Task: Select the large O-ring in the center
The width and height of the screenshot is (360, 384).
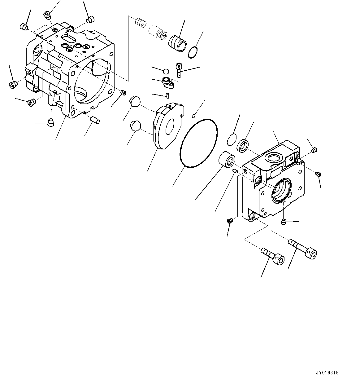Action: click(198, 143)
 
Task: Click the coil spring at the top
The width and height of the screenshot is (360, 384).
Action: click(141, 23)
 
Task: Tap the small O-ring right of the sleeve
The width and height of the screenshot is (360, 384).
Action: click(193, 53)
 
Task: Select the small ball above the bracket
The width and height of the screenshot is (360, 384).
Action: click(166, 71)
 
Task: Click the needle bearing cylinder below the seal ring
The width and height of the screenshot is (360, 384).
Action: click(228, 160)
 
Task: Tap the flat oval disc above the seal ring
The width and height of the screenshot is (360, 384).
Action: click(231, 139)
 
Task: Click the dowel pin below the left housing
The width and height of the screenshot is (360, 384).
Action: click(94, 120)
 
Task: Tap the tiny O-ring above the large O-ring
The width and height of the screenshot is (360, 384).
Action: click(193, 116)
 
